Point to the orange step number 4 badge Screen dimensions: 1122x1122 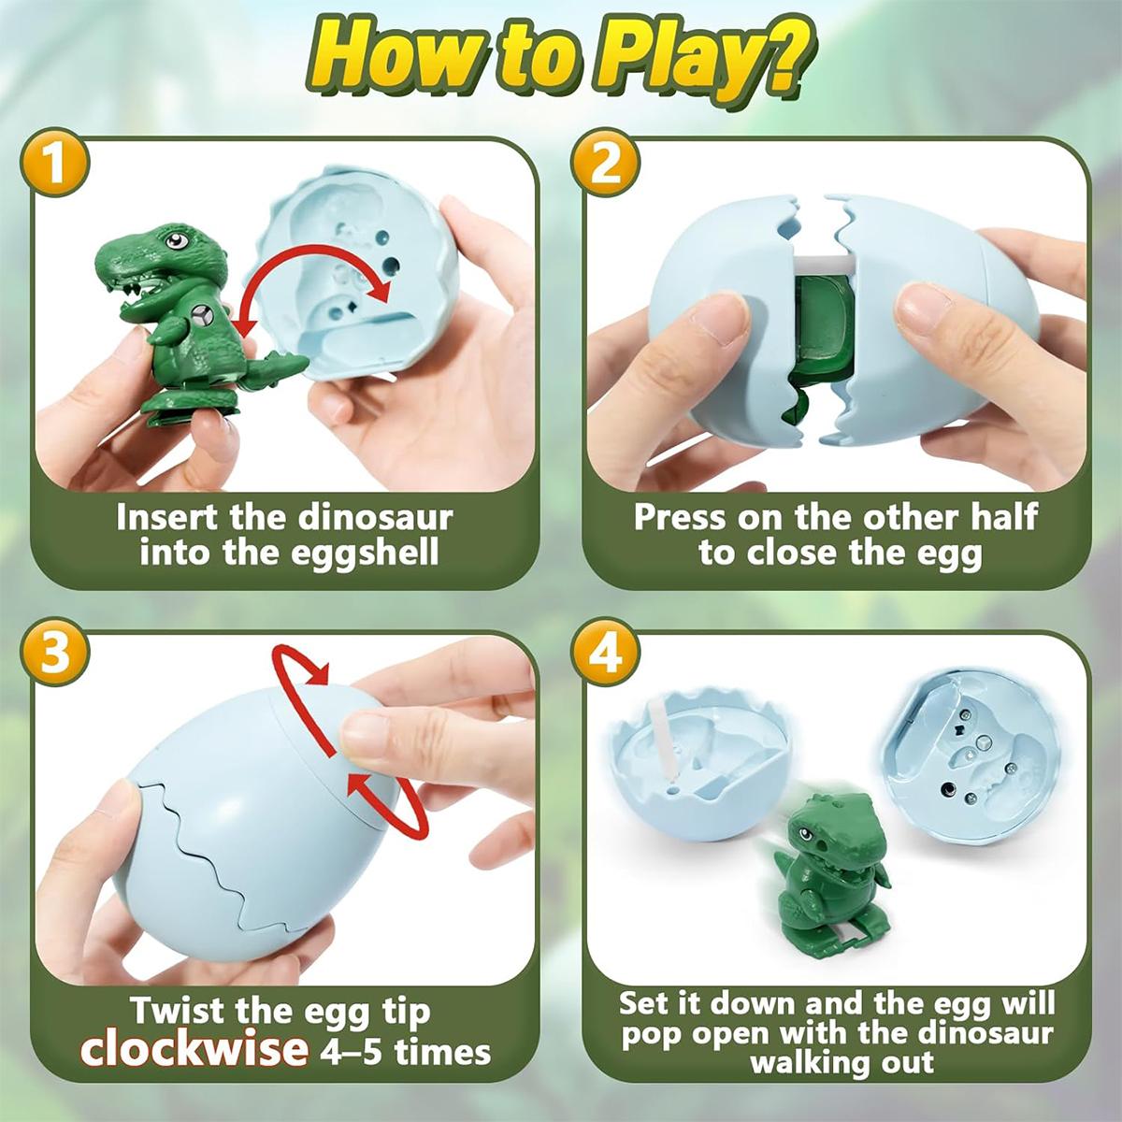coord(606,653)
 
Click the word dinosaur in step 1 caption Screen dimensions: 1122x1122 coord(376,517)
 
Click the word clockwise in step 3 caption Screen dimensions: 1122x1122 coord(194,1050)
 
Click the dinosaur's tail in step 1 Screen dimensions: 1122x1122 coord(280,369)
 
